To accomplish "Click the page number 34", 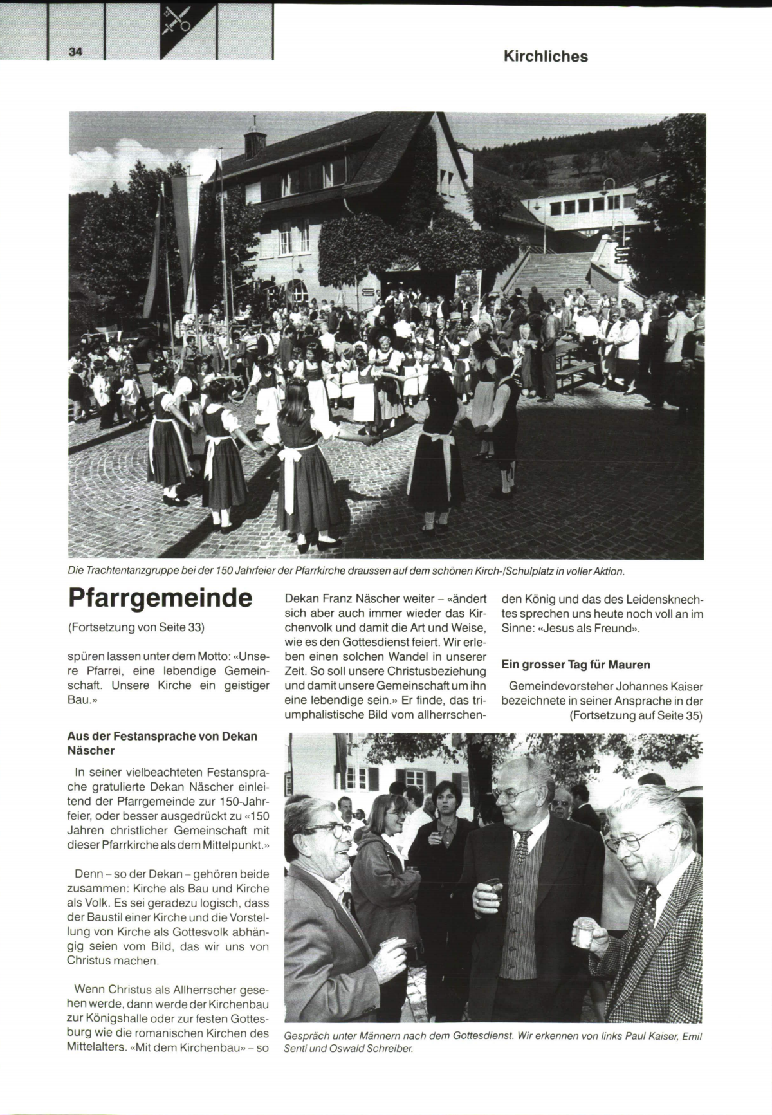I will pos(76,52).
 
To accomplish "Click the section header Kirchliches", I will pos(546,57).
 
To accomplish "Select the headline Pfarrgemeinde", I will pos(160,598).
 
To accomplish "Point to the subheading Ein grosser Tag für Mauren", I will pos(576,665).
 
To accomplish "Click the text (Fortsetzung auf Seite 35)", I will pos(636,715).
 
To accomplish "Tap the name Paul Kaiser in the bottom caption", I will pos(645,1037).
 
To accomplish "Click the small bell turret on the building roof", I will pos(254,138).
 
